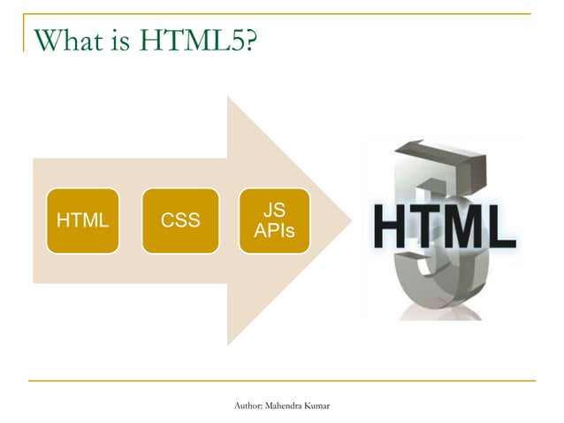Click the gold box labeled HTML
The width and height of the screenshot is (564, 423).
click(83, 221)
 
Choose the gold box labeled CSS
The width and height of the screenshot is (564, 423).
click(180, 221)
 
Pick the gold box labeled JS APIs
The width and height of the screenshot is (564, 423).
click(274, 221)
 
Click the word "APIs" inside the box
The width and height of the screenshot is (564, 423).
click(274, 231)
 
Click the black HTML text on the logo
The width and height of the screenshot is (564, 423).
click(445, 227)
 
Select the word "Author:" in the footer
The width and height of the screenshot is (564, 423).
click(246, 406)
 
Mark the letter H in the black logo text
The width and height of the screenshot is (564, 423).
click(391, 227)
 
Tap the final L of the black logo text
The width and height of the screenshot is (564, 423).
click(503, 227)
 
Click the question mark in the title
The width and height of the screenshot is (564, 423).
click(252, 41)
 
